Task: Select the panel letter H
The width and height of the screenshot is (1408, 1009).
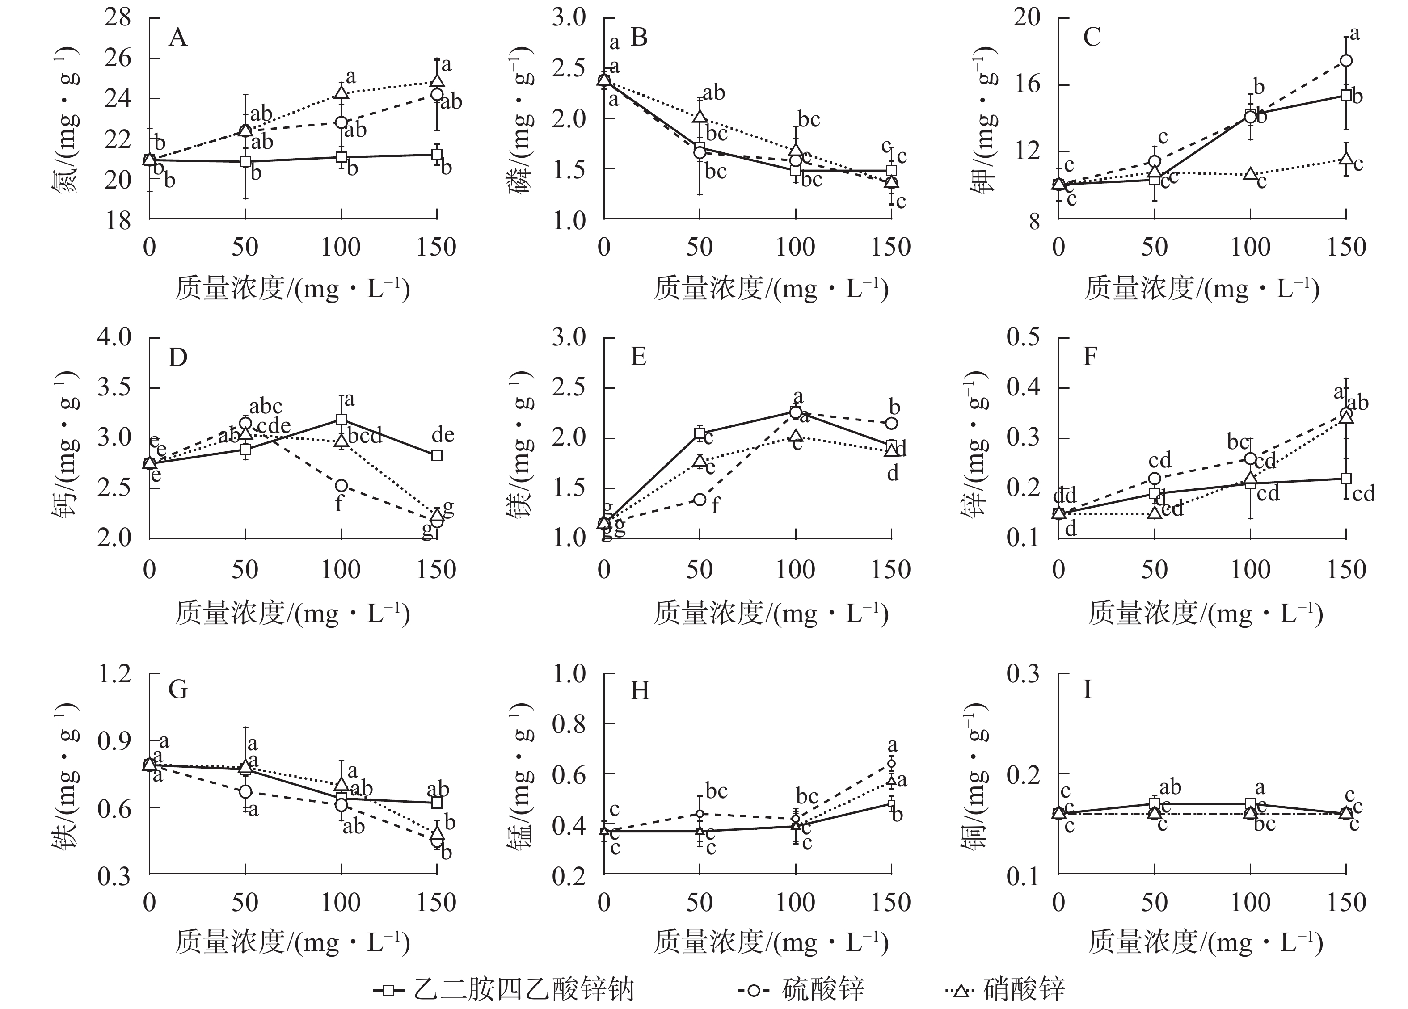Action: click(640, 690)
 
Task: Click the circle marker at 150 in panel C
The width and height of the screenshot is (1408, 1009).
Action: click(1346, 60)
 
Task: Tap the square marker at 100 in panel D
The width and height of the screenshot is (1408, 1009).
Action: click(341, 419)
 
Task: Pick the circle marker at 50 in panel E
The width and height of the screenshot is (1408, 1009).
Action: click(700, 499)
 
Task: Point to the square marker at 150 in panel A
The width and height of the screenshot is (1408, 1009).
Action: click(437, 154)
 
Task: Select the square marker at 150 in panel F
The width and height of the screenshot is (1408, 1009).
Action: click(1346, 478)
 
